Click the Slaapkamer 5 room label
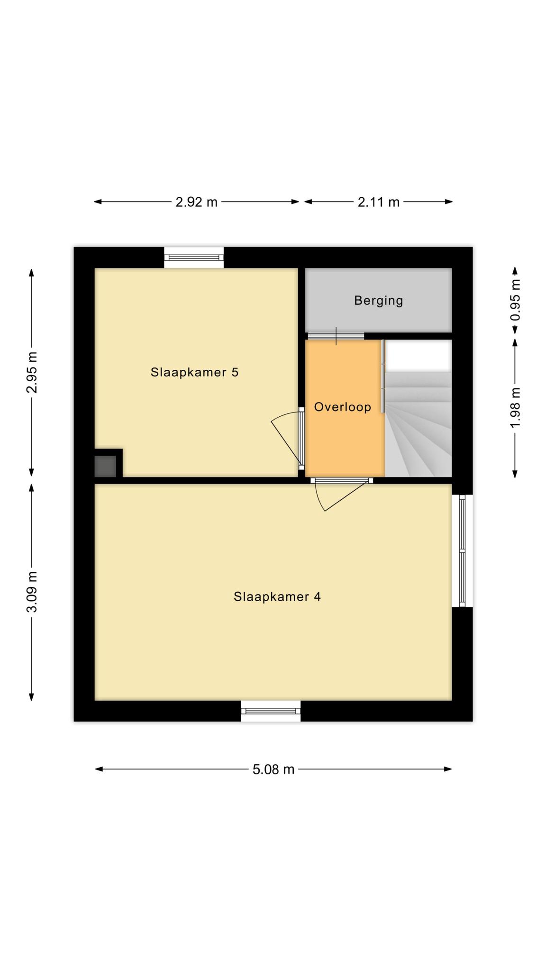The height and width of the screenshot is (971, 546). coord(194,372)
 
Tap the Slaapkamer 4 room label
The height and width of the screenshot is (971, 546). coord(277,596)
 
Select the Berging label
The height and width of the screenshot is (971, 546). coord(379,300)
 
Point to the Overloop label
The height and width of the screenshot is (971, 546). coord(343,407)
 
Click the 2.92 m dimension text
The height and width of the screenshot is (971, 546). coord(196,202)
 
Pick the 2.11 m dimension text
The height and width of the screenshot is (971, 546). coord(379,202)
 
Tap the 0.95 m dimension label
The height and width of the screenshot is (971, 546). coord(515,300)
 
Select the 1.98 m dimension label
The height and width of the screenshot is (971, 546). coord(515,407)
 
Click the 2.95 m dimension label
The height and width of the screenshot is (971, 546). coord(32,373)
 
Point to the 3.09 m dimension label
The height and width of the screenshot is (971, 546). coord(32,592)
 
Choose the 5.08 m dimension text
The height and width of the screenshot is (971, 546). coord(273,769)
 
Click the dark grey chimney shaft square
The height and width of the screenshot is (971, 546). coord(105,466)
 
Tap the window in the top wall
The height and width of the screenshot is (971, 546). coord(194,257)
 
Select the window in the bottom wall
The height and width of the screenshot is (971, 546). coord(271,711)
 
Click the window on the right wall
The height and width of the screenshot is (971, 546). coord(462,550)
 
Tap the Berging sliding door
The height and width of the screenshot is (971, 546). coord(336,336)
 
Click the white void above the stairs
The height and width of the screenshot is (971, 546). coord(418,356)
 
